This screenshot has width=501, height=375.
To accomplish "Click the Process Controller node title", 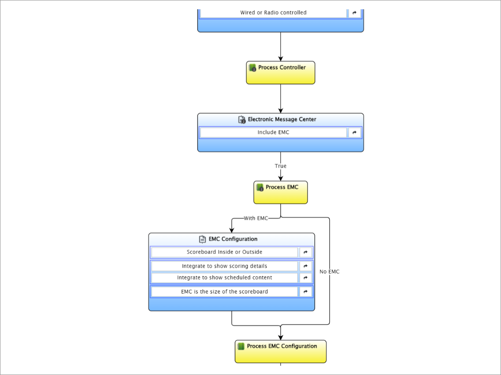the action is coord(282,67).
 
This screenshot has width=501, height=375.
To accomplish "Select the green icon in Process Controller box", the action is coord(252,68).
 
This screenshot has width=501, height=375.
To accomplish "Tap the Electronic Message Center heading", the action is coord(282,119).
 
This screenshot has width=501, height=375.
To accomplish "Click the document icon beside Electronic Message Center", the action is coord(242,119).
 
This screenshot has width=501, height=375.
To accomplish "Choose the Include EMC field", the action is coord(273,132).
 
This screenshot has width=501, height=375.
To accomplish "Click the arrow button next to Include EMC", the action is coord(354,132).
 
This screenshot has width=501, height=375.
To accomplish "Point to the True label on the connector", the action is coord(281,166).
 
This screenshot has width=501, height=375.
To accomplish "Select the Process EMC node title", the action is coord(282,187).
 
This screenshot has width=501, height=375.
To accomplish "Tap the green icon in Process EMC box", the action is coord(260,187).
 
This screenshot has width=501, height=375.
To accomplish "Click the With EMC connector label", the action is coord(256,218).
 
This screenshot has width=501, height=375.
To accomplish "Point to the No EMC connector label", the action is coord(329,272).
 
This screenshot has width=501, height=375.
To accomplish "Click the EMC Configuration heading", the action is coord(233,239).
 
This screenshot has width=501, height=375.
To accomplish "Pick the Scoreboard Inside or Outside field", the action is coord(225,252).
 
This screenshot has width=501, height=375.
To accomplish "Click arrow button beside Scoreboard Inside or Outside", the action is coord(305,252).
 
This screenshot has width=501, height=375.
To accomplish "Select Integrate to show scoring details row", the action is coord(225,266).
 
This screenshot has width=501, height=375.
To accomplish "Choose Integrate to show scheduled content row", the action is coord(225,277).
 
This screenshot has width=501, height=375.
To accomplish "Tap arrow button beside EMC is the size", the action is coord(305,292).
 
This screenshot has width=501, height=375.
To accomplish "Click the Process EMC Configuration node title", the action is coord(282,346).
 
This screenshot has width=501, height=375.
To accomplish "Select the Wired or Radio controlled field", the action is coord(273,12).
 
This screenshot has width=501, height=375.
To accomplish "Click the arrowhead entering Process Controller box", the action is coord(281,59).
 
